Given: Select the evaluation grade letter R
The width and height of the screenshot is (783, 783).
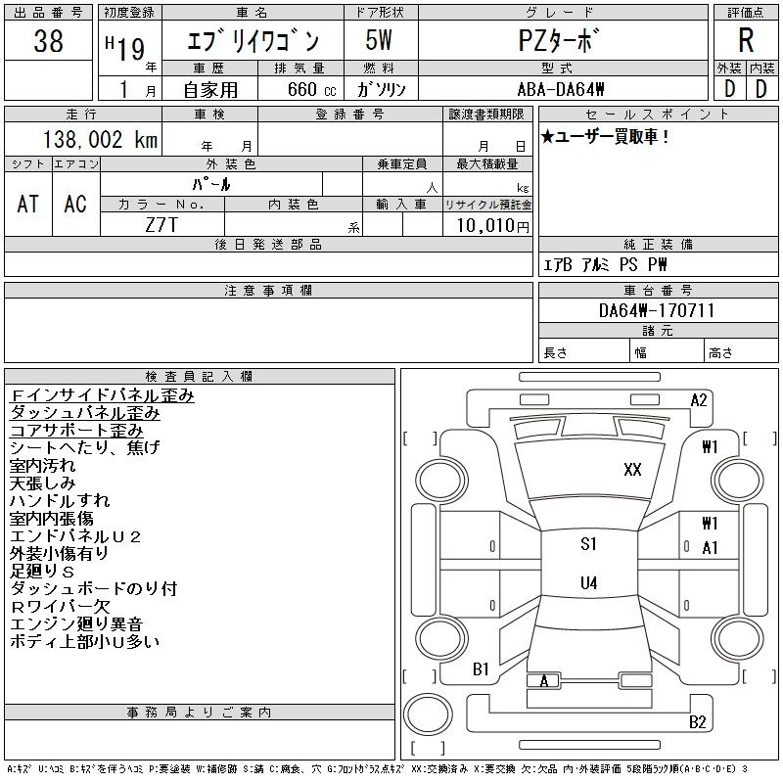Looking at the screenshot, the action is pos(746,41).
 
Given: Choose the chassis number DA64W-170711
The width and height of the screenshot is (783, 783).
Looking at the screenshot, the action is pos(657,311).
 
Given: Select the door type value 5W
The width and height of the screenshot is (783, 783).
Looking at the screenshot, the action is pos(380,42).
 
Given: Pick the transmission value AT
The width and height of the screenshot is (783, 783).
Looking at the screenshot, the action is pos(28,204).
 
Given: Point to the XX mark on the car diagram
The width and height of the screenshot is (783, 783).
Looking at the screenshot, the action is pos(632,470).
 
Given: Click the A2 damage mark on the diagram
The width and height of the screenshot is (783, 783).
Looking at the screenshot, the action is pos(699,399).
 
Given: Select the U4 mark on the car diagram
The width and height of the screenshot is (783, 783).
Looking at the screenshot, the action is pos(588,583).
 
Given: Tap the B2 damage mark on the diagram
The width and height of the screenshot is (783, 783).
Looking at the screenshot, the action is pos(698,722).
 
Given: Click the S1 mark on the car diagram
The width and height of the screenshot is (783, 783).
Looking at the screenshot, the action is pos(588,544).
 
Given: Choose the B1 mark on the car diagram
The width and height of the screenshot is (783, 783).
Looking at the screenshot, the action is pos(481,669).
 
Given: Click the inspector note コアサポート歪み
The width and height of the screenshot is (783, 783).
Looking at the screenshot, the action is pos(76,431).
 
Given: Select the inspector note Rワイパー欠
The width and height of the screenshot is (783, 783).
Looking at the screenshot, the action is pos(60,607).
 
